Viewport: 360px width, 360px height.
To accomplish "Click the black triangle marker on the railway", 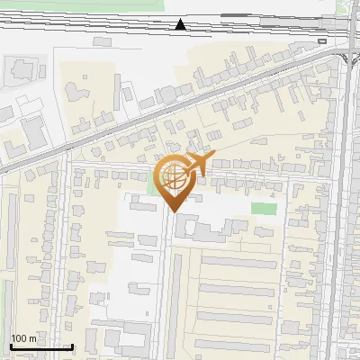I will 181,24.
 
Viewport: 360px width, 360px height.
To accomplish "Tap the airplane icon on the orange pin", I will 196,165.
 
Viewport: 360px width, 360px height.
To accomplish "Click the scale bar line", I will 40,347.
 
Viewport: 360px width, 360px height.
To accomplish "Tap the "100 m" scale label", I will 24,338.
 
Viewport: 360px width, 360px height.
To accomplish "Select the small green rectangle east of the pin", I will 263,209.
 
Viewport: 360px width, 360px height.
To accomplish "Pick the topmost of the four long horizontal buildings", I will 237,264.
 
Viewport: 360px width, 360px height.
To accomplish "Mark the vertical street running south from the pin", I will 167,270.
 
